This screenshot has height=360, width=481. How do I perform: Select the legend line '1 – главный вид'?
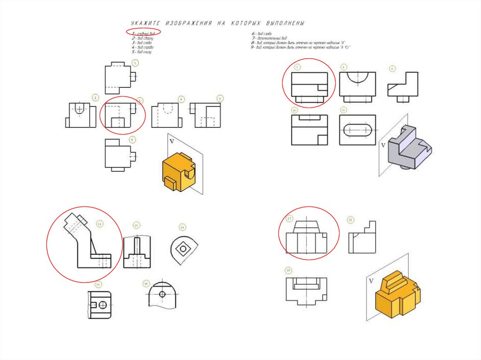click(143, 33)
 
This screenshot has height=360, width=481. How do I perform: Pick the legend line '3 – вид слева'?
click(142, 42)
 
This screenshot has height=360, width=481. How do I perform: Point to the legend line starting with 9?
click(301, 47)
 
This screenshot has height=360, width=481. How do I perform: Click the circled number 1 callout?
click(135, 62)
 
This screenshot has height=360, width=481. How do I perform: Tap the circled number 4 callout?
click(181, 99)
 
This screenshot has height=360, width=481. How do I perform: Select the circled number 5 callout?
click(220, 98)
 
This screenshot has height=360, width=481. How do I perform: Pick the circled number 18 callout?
click(350, 220)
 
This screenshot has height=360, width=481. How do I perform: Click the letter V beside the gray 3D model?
click(382, 145)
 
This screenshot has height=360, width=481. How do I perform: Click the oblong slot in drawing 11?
click(358, 130)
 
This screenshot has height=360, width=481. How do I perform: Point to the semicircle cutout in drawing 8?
click(358, 77)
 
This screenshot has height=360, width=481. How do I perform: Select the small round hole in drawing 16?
click(163, 294)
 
